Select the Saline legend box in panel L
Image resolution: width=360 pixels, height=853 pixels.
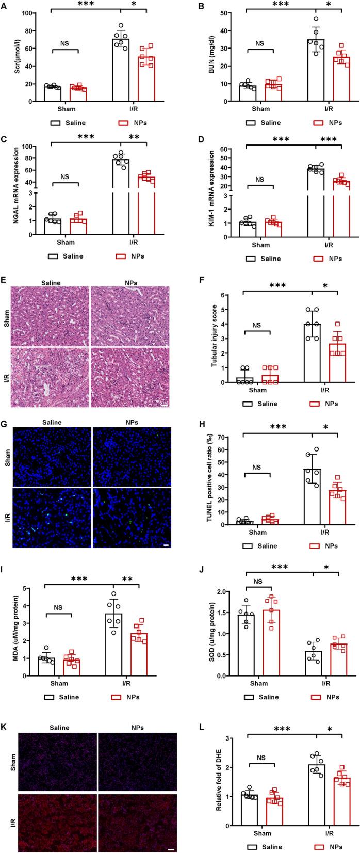[x=251, y=847]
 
